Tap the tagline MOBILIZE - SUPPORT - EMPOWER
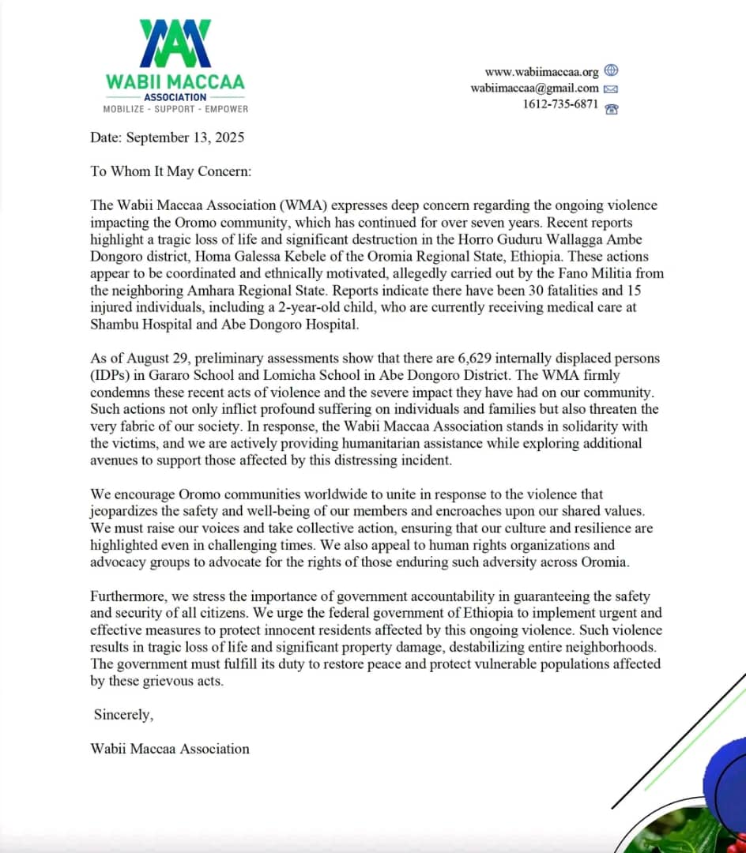click(x=175, y=109)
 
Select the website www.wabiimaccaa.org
click(x=541, y=72)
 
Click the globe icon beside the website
click(x=611, y=71)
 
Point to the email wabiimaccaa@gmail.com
click(x=534, y=88)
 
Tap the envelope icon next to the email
click(x=611, y=89)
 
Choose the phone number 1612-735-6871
click(x=560, y=104)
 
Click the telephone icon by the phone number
click(x=611, y=108)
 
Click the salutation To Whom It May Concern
click(x=170, y=171)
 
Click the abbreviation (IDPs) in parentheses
click(x=111, y=375)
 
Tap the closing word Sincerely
click(x=122, y=714)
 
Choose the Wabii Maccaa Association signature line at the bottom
click(x=170, y=748)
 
